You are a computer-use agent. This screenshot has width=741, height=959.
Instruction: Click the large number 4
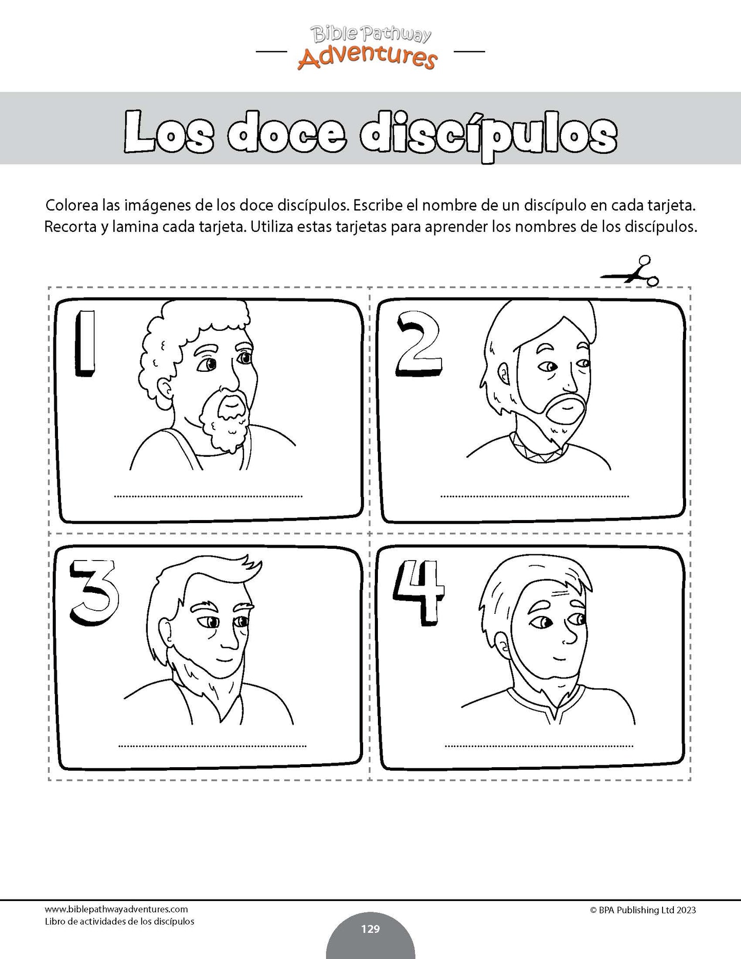pos(418,592)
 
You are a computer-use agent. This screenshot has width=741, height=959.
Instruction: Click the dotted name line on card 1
pos(208,496)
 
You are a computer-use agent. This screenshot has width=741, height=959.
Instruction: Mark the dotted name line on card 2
pos(534,496)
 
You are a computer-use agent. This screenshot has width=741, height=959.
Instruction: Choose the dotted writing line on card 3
pos(212,746)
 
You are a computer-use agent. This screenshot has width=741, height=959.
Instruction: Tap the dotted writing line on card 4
pos(539,746)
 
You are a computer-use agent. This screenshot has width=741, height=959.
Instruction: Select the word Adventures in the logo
pos(367,57)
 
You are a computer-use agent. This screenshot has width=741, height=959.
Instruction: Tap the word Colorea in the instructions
pos(71,206)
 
